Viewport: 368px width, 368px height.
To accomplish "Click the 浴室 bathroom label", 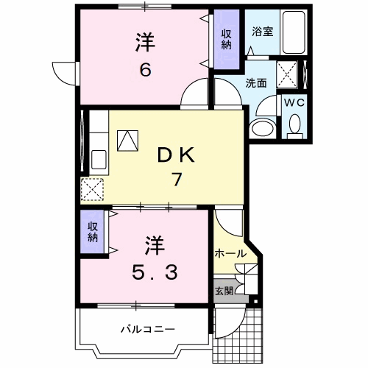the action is tap(263, 32).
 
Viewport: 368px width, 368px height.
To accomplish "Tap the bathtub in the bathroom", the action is tap(294, 32).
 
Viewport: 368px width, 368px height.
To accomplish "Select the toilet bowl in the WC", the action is tap(294, 124).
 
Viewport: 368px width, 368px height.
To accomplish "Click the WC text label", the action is tap(294, 102).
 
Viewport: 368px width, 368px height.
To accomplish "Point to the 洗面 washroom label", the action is tap(256, 83).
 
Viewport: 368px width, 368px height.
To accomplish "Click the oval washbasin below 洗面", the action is tap(263, 127).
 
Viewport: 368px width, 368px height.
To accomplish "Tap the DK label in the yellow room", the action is tap(176, 155).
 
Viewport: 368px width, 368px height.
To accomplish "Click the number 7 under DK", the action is tap(177, 180).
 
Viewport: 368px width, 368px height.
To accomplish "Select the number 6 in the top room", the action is tap(146, 69).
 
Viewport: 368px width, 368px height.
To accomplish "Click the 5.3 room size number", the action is tap(155, 273).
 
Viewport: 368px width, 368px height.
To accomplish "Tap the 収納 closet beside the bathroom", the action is tap(227, 39).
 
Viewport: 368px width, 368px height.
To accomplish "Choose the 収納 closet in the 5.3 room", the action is tap(93, 232).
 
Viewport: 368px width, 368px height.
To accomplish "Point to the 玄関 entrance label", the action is tap(224, 291).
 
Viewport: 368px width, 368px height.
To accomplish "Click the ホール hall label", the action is tap(230, 253).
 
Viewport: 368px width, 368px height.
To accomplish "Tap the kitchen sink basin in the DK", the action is tap(99, 159).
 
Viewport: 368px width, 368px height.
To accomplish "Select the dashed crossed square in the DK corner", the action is tap(92, 189).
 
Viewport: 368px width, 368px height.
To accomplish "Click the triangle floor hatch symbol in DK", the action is tap(127, 141).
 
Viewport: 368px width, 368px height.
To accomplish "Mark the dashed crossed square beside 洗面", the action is tap(287, 74).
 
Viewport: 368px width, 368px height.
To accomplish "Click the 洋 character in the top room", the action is tap(145, 43).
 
